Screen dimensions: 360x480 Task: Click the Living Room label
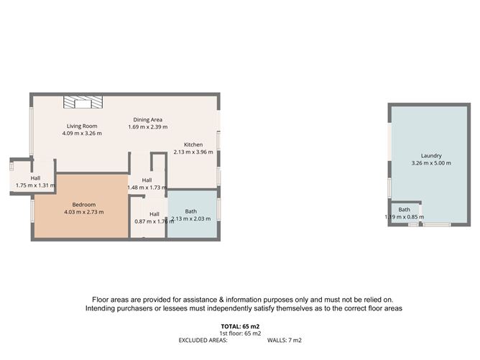pyautogui.click(x=82, y=126)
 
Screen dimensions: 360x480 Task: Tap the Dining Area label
pyautogui.click(x=147, y=119)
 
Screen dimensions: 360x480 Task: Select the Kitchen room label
pyautogui.click(x=193, y=144)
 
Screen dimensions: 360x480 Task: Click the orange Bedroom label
pyautogui.click(x=83, y=204)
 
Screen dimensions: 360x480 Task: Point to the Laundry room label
pyautogui.click(x=431, y=155)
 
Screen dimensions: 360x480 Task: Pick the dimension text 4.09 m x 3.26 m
pyautogui.click(x=82, y=133)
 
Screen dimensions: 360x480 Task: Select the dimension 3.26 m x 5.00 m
pyautogui.click(x=431, y=163)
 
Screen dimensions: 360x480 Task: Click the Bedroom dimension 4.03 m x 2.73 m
pyautogui.click(x=83, y=212)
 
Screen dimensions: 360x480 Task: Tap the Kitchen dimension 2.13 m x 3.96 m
pyautogui.click(x=193, y=152)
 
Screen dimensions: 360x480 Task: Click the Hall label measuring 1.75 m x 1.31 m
pyautogui.click(x=35, y=177)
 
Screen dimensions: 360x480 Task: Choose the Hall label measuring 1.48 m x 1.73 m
pyautogui.click(x=147, y=180)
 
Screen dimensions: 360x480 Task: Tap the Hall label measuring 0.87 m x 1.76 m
pyautogui.click(x=154, y=213)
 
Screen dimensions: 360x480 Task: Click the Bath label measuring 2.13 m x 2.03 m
pyautogui.click(x=190, y=211)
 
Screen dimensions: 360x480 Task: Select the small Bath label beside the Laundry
pyautogui.click(x=405, y=209)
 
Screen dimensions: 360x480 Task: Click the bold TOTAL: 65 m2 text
pyautogui.click(x=240, y=326)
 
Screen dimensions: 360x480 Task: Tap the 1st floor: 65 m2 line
pyautogui.click(x=240, y=333)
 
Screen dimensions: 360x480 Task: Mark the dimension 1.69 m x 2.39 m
pyautogui.click(x=147, y=127)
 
